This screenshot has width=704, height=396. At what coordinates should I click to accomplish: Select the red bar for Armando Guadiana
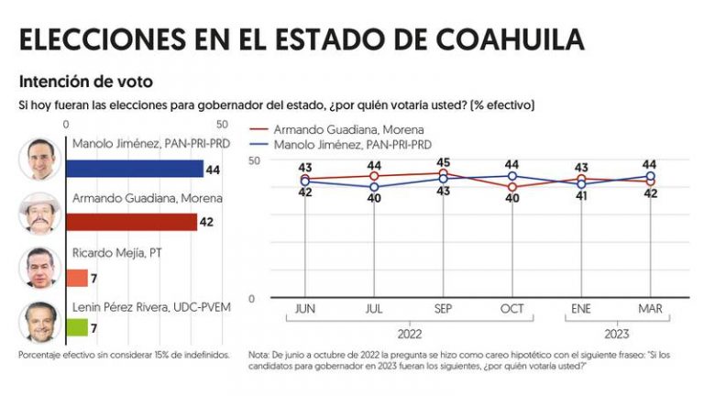click(x=131, y=223)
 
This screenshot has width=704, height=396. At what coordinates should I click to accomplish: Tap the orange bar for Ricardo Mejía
click(x=77, y=278)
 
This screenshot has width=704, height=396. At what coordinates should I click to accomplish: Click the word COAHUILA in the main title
click(x=493, y=38)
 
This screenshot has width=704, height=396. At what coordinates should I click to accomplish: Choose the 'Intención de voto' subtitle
click(x=85, y=82)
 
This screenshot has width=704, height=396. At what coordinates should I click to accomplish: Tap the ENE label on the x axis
click(x=580, y=309)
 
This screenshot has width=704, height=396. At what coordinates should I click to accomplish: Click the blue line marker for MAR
click(x=650, y=176)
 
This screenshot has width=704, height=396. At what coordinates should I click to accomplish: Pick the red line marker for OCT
click(x=512, y=187)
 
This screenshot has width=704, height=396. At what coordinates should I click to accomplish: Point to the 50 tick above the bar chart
click(x=222, y=125)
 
